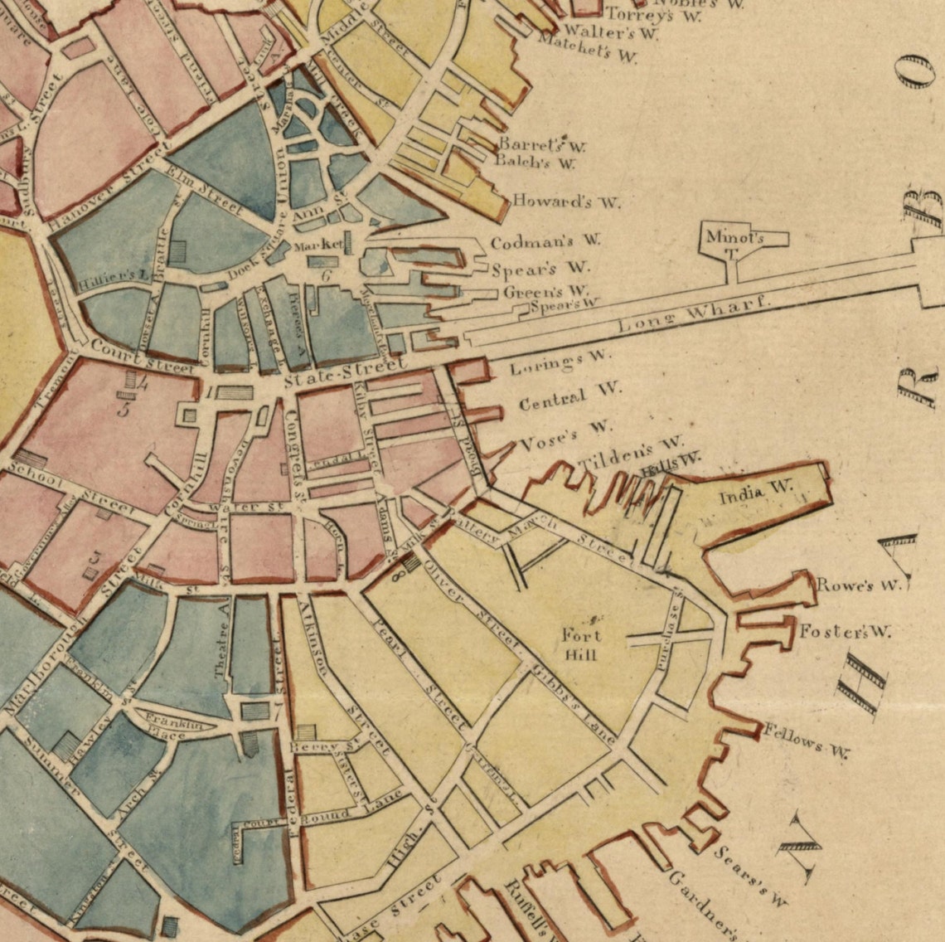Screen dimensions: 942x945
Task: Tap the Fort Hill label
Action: tap(582, 644)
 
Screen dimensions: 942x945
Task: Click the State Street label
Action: tap(344, 372)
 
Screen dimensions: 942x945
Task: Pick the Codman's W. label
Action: tap(545, 242)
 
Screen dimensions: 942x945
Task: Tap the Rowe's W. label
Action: tap(858, 585)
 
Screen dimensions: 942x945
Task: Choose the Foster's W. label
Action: tap(845, 632)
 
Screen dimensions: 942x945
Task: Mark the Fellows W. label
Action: tap(807, 741)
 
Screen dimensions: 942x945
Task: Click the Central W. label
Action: tap(569, 397)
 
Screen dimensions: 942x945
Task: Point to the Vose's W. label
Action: tap(567, 435)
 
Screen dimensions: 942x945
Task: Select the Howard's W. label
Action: tap(566, 201)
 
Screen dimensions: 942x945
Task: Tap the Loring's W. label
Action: tap(560, 362)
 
